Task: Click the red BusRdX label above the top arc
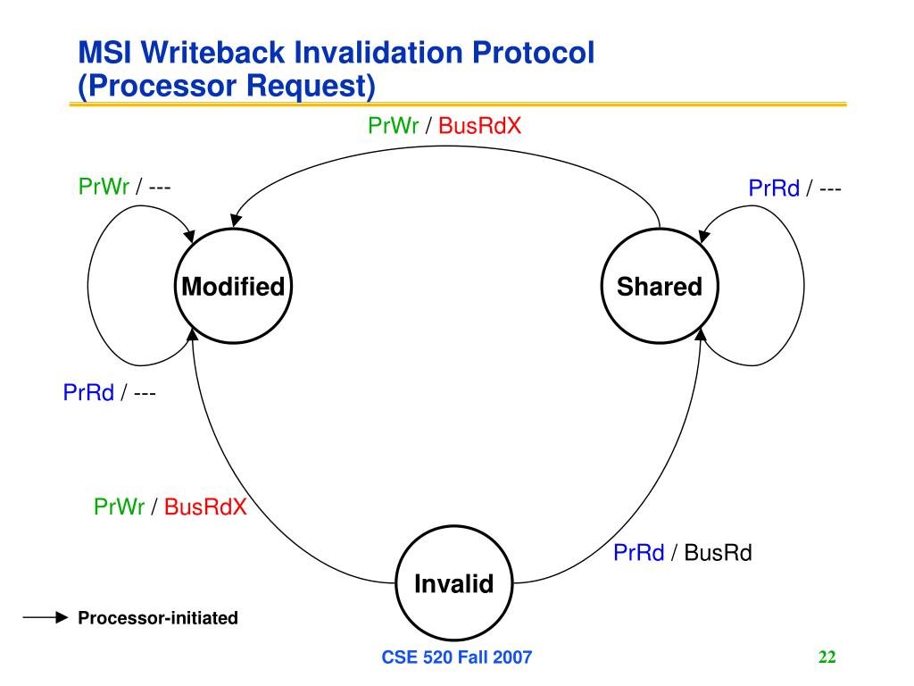(x=479, y=125)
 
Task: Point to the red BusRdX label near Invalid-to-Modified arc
(x=205, y=506)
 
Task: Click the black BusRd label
(x=719, y=552)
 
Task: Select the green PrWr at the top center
(x=393, y=125)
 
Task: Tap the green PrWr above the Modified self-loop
(x=104, y=187)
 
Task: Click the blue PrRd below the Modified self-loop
(x=88, y=392)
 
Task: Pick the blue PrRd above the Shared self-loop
(x=774, y=188)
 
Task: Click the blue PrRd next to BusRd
(x=639, y=552)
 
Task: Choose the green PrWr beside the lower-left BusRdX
(x=119, y=506)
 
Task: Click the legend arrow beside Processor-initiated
(x=46, y=617)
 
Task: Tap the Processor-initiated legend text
(x=158, y=618)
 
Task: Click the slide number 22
(x=827, y=657)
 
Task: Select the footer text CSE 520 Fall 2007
(x=457, y=657)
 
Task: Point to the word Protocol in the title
(x=534, y=53)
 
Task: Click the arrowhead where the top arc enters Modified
(x=236, y=220)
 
